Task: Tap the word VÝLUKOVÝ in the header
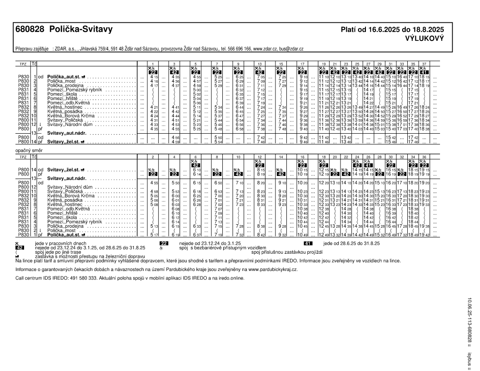425,39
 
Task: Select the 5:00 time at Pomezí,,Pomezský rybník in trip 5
196,90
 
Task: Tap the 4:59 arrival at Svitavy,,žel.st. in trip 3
175,142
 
